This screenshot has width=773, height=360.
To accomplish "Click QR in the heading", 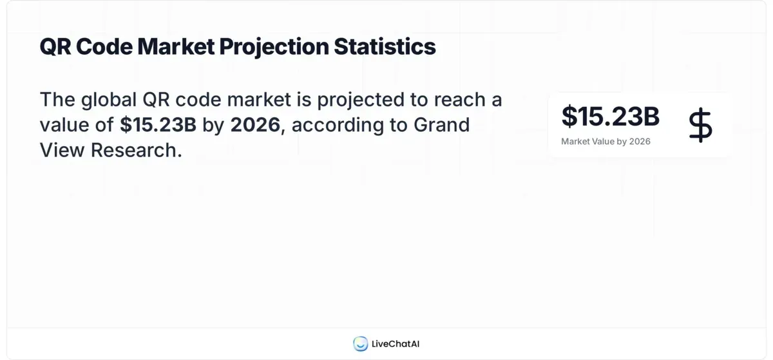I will coord(55,47).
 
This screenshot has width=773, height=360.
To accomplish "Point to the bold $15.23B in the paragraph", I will coord(158,125).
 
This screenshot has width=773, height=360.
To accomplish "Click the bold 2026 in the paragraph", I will coord(255,125).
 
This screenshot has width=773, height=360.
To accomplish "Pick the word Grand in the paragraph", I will coord(442,125).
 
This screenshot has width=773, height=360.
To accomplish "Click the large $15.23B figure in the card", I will coord(610,117).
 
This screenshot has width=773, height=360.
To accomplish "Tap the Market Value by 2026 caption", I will coord(606,142).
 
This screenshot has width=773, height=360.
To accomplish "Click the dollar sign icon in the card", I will coord(700,125).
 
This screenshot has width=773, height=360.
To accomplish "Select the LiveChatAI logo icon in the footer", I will coord(360,344).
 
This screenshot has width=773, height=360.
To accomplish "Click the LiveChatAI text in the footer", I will coord(396,344).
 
